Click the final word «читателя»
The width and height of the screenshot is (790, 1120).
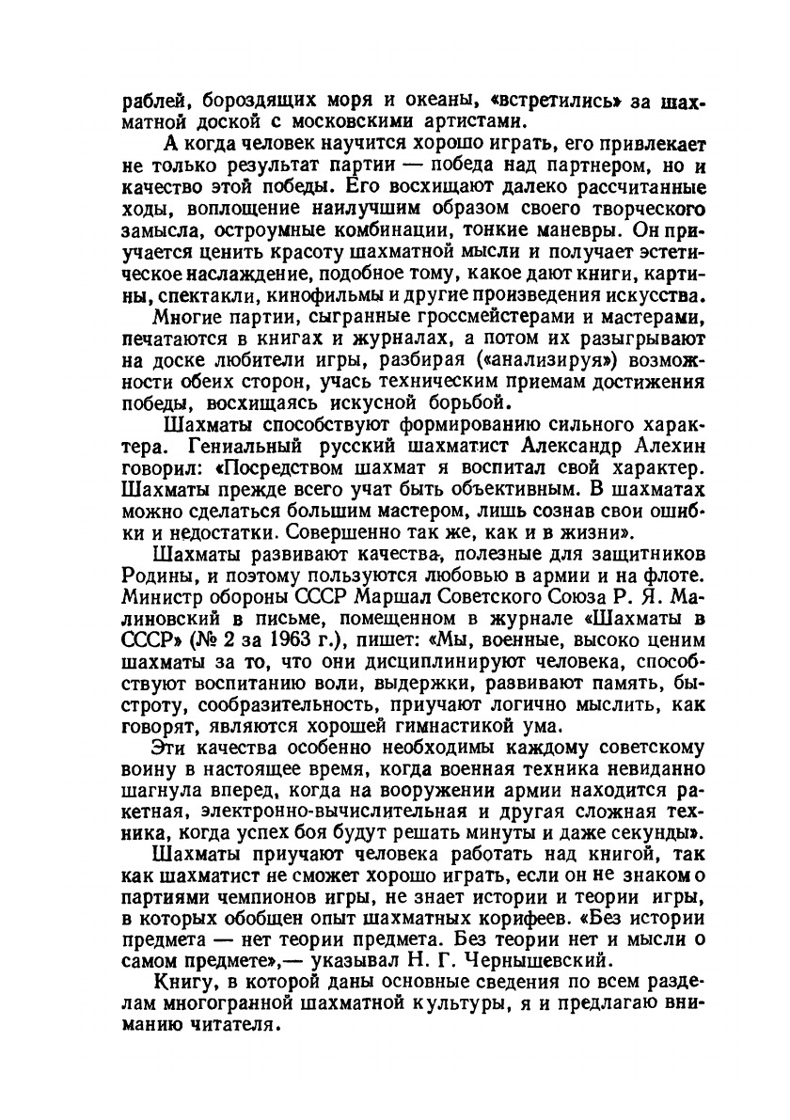pos(231,1028)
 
